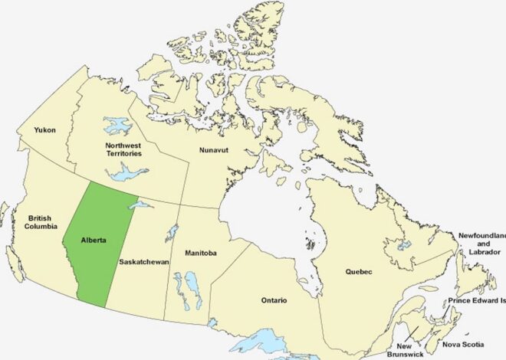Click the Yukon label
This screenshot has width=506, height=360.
[44, 130]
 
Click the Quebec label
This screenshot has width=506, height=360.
[358, 272]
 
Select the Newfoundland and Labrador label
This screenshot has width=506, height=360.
[481, 244]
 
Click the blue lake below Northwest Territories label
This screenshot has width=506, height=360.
[127, 175]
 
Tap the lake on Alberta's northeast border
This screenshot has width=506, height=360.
[139, 205]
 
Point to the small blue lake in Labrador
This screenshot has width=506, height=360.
[403, 246]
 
